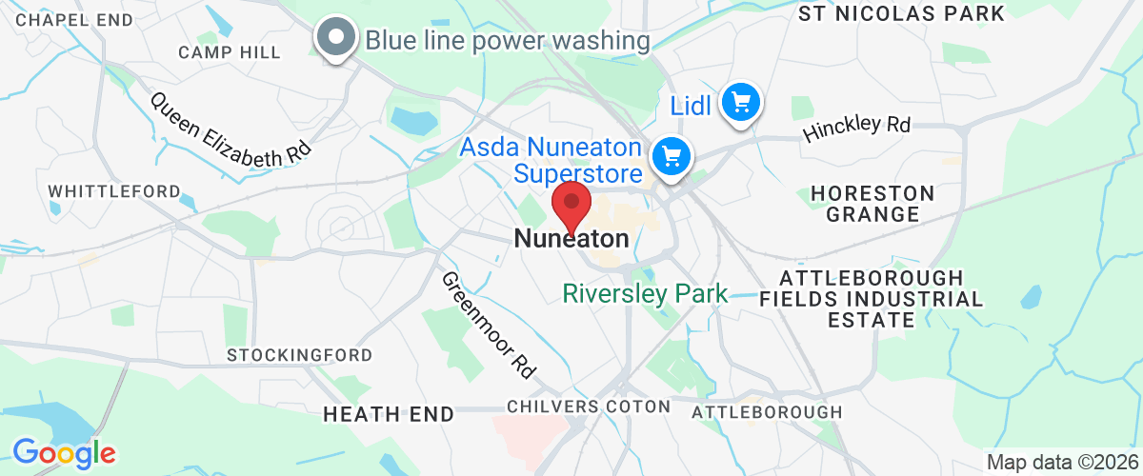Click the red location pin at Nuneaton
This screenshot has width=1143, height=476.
coord(571,205)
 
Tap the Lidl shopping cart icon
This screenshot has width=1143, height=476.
coord(740,101)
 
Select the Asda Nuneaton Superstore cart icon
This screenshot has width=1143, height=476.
coord(672,156)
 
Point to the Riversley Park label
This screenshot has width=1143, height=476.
coord(645,293)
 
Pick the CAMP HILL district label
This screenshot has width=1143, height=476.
coord(230,52)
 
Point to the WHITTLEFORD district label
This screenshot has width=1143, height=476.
coord(114,191)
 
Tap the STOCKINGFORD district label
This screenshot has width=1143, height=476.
coord(299,355)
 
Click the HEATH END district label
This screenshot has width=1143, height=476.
coord(388,414)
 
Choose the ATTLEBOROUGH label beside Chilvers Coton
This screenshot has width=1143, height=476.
coord(766,411)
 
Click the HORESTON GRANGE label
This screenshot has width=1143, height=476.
coord(872,204)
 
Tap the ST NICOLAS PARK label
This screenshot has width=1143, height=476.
coord(901,13)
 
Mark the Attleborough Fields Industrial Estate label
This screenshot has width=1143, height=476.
coord(872,299)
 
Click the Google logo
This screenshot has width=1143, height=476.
coord(64,452)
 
